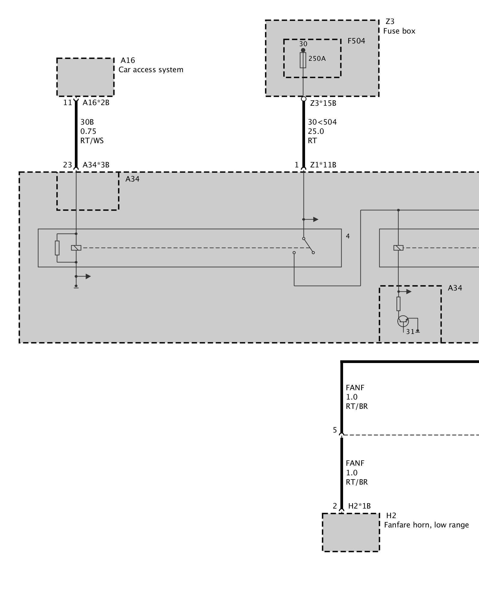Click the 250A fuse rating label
(317, 59)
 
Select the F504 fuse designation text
(356, 41)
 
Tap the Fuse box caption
(399, 31)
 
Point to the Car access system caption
(151, 70)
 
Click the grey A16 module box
(85, 77)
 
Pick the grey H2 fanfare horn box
(351, 532)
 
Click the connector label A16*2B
(96, 103)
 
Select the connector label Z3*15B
(323, 103)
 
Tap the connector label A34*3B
(96, 165)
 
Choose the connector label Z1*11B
(323, 165)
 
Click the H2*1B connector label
(359, 506)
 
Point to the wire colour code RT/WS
(92, 141)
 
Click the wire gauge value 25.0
(316, 131)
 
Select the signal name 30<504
(322, 122)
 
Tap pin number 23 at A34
(67, 165)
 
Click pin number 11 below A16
(67, 103)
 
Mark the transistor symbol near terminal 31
(403, 321)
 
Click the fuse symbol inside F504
(303, 60)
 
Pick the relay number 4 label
(348, 236)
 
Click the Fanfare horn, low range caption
(426, 525)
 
